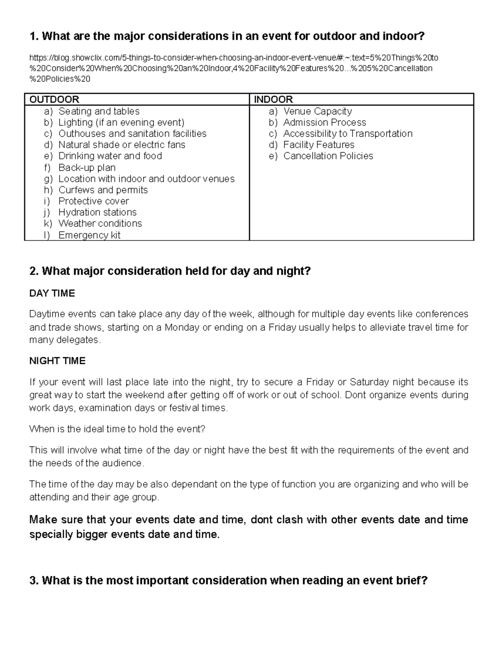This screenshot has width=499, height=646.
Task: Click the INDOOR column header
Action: pos(273,99)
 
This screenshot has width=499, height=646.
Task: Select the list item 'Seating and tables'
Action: pos(99,111)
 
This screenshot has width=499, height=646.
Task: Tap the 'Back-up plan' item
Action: pos(87,168)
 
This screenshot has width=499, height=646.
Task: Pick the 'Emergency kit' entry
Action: pos(89,235)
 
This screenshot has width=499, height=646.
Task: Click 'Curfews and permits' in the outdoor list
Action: pos(103,190)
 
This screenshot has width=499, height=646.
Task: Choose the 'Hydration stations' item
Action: pos(97,212)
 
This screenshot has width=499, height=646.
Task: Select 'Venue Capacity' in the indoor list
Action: pos(317,111)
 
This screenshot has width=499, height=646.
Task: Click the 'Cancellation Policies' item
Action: pos(328,156)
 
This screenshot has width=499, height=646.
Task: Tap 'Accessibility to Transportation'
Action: pos(348,134)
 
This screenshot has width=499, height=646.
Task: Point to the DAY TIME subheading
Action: pos(52,293)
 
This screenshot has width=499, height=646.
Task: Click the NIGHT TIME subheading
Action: pos(57,361)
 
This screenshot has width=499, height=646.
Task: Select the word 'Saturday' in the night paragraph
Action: pos(369,382)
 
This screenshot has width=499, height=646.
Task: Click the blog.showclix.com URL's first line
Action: pos(233,57)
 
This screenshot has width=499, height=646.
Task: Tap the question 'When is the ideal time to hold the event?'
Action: pos(117,429)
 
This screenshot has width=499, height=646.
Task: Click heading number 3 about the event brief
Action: pos(228,581)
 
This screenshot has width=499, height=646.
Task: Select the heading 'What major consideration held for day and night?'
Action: pos(170,271)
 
